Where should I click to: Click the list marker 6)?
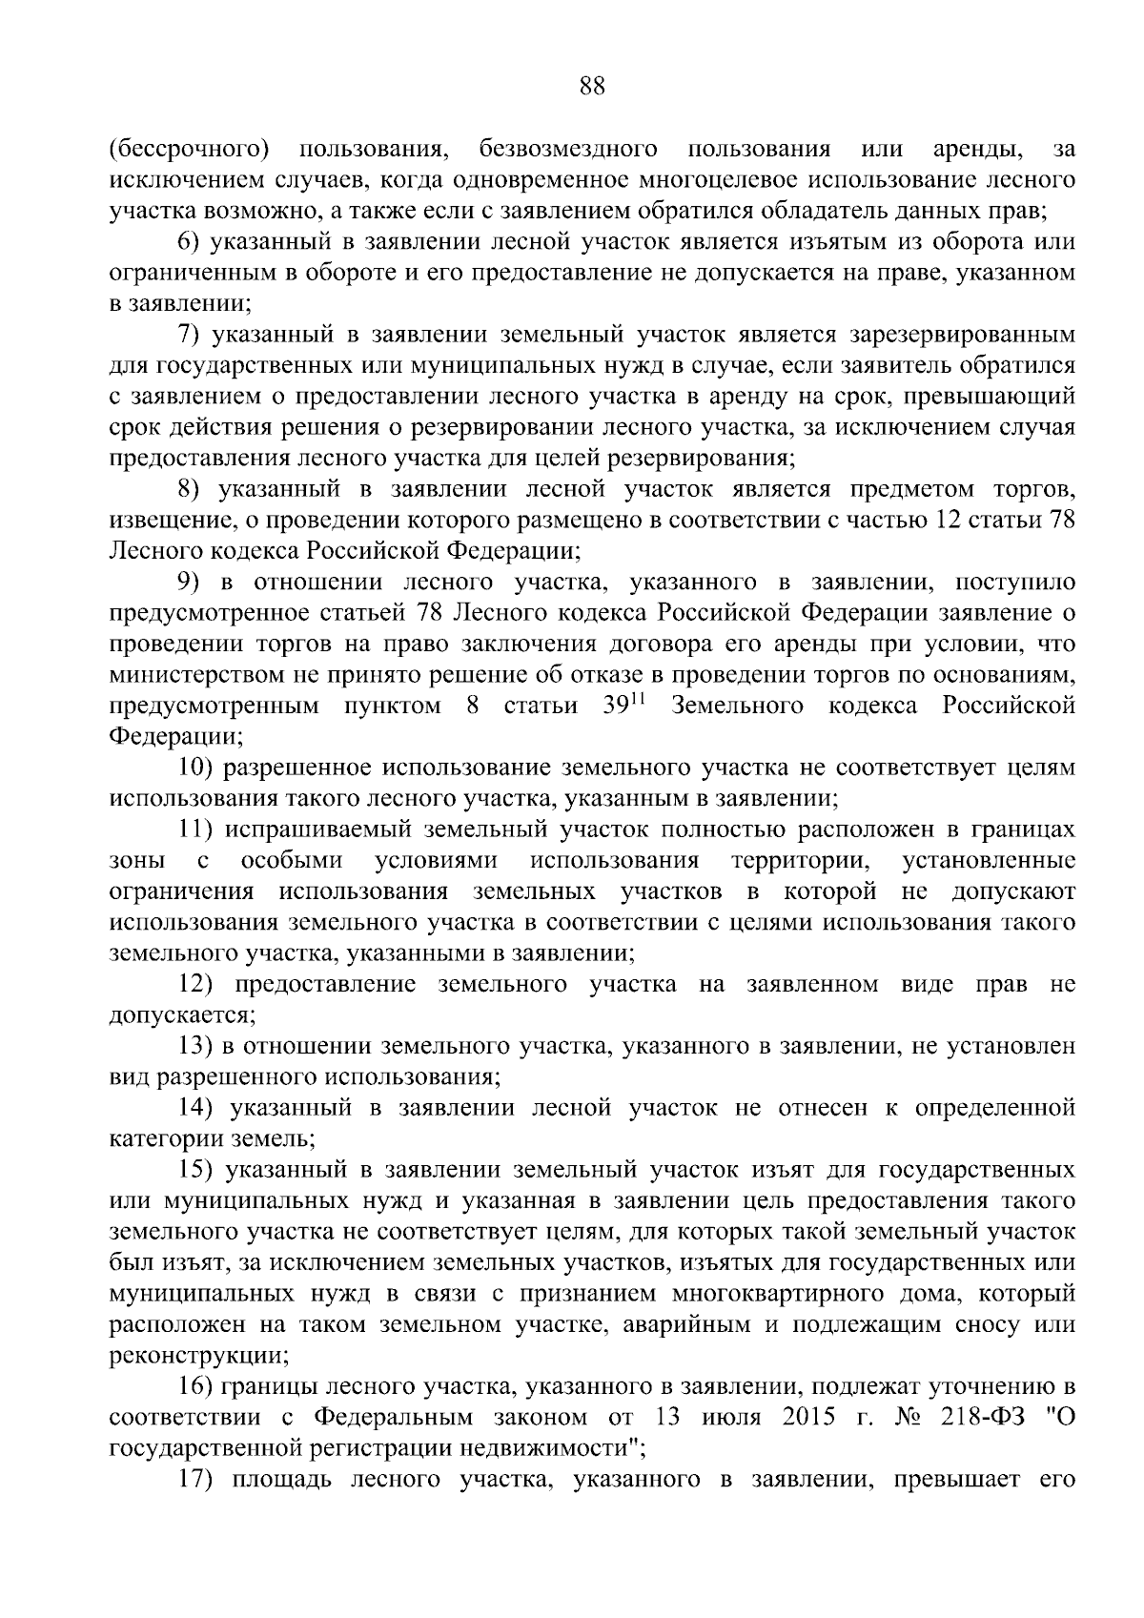[x=194, y=242]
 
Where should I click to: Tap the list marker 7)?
[x=194, y=335]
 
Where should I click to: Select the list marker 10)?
[x=201, y=768]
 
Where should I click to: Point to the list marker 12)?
[x=201, y=984]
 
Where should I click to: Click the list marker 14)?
[x=201, y=1108]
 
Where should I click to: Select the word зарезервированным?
[x=960, y=335]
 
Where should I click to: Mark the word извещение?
[x=168, y=521]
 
